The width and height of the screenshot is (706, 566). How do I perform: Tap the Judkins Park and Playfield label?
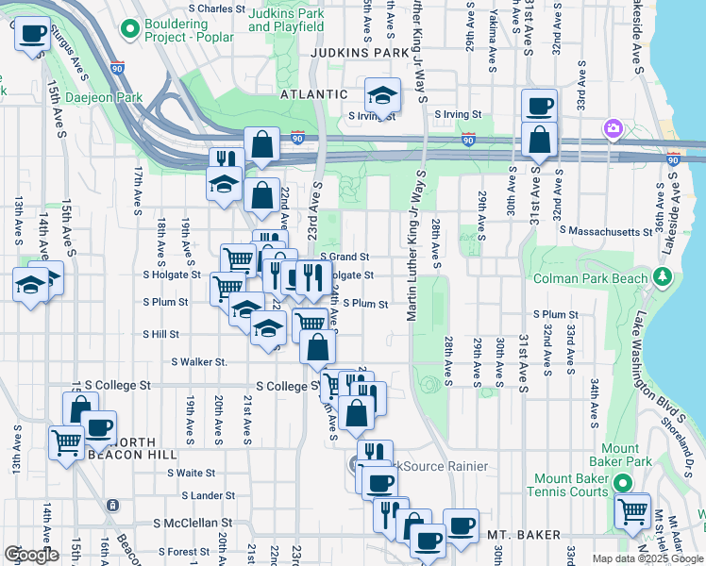point(287,20)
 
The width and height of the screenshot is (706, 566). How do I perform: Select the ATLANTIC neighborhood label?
point(314,94)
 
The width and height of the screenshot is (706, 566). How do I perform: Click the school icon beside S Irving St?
point(382,95)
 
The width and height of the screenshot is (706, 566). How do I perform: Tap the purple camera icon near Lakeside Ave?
point(614,128)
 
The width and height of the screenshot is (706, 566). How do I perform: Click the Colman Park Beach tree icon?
point(664,277)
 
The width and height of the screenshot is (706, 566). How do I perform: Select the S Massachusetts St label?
point(604,230)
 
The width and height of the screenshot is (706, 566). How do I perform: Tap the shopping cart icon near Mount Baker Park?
point(631,511)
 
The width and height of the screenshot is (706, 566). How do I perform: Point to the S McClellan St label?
point(193,522)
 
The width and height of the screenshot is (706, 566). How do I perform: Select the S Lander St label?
point(200,495)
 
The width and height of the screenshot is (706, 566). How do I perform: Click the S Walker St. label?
point(199,361)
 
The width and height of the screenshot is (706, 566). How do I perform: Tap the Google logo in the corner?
point(30,555)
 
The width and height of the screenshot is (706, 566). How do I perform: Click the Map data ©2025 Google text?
point(647,558)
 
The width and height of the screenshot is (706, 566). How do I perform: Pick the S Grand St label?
point(344,256)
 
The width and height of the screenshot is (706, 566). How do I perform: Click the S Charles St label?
point(202,8)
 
